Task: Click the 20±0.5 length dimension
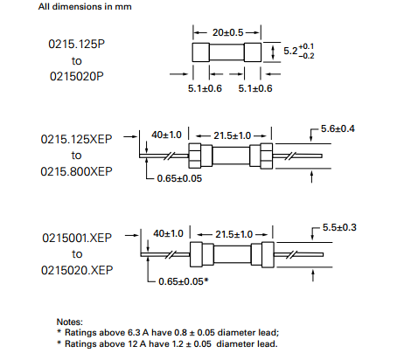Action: click(x=227, y=32)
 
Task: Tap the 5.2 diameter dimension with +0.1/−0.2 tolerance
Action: click(x=299, y=51)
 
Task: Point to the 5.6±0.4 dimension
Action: click(x=338, y=128)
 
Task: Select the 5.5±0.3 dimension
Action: click(x=339, y=227)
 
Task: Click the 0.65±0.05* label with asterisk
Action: click(x=184, y=281)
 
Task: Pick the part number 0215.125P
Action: click(x=76, y=44)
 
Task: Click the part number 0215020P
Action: click(x=77, y=76)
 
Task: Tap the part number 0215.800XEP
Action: click(x=76, y=171)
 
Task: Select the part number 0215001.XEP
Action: click(x=77, y=238)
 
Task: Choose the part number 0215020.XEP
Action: click(x=77, y=270)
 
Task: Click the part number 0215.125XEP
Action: click(x=76, y=139)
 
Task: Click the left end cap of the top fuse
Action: click(x=200, y=52)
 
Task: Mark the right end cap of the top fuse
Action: click(x=253, y=52)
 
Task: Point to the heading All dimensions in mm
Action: click(x=85, y=6)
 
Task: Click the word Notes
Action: click(x=70, y=322)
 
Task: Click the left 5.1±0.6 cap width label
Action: click(x=205, y=88)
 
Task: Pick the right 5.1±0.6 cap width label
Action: click(x=255, y=88)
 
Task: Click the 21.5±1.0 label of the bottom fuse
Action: click(x=233, y=234)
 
